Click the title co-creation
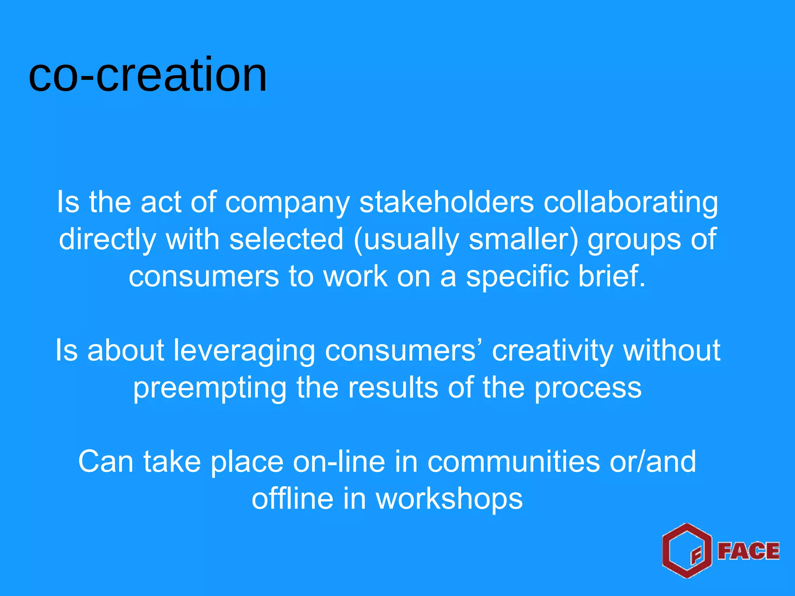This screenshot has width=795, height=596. (148, 74)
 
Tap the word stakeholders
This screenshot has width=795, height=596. (446, 203)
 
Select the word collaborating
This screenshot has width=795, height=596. (630, 203)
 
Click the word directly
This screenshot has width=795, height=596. (107, 240)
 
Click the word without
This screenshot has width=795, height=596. (672, 350)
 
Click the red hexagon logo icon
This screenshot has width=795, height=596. (687, 551)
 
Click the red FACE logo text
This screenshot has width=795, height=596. (748, 551)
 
